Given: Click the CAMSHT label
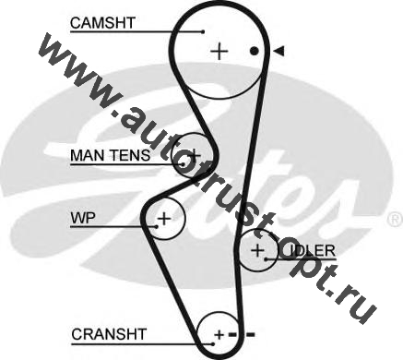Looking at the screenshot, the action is [x=102, y=23].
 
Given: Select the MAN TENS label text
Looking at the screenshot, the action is [x=111, y=155].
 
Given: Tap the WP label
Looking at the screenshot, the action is [x=83, y=218].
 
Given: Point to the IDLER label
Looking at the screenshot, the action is [x=312, y=251].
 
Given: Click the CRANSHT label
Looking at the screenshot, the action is [x=109, y=334].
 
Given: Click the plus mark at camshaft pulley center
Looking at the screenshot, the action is [x=219, y=51].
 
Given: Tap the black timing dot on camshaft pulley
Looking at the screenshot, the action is [x=254, y=51].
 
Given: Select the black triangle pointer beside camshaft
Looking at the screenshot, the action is [x=279, y=51].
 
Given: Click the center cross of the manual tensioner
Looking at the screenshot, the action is [x=194, y=154].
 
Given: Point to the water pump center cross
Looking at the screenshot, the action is [x=164, y=219].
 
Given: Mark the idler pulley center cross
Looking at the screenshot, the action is [x=257, y=250].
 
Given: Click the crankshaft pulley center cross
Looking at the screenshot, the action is [x=219, y=334].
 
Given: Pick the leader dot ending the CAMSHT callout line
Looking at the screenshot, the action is [x=203, y=31].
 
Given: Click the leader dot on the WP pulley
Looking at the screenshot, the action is [x=157, y=227].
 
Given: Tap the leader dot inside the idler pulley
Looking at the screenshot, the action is [x=267, y=259].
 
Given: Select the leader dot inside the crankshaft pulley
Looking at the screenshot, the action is [x=213, y=343].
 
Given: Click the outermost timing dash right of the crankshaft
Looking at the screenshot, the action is [x=251, y=334].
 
